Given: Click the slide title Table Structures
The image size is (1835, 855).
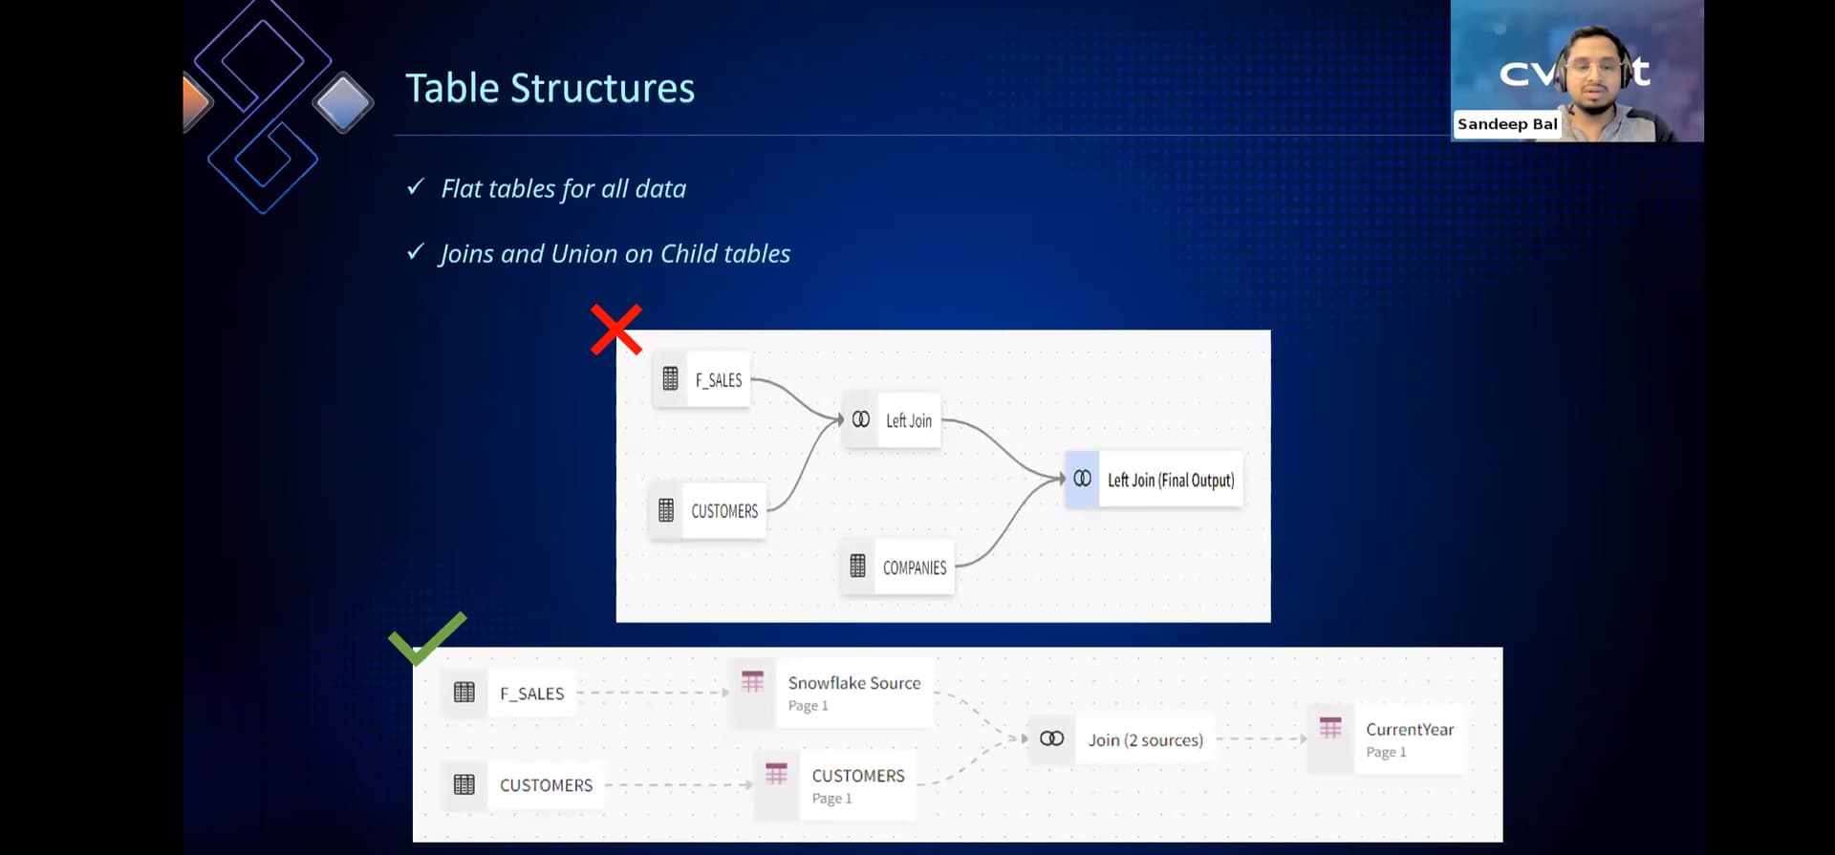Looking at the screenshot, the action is click(550, 89).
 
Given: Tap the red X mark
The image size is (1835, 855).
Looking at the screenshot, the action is click(616, 330).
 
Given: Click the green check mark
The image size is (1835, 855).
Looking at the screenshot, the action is click(427, 638).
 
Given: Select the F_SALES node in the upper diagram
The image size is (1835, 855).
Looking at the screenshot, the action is click(701, 379).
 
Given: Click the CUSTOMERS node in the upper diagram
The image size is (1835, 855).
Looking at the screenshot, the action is click(708, 511).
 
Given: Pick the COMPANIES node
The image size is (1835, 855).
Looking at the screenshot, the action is click(898, 567).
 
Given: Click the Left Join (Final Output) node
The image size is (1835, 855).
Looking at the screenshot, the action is click(1154, 480).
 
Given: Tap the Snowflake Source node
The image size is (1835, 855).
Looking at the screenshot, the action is click(831, 693).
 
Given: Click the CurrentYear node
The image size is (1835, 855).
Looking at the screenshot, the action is click(1386, 739).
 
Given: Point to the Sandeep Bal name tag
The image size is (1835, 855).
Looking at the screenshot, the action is click(1507, 124).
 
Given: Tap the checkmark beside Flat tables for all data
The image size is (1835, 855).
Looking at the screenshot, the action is click(415, 186).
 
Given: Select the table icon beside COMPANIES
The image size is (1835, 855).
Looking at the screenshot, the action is click(857, 566).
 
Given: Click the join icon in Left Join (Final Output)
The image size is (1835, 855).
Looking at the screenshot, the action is click(1082, 479).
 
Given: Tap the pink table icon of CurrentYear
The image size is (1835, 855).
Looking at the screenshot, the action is click(1330, 728).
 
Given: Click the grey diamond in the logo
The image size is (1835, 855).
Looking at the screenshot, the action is click(343, 102).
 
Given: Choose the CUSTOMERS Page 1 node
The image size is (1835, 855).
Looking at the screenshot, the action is click(834, 785).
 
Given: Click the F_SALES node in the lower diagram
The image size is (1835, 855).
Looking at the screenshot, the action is click(509, 693).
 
